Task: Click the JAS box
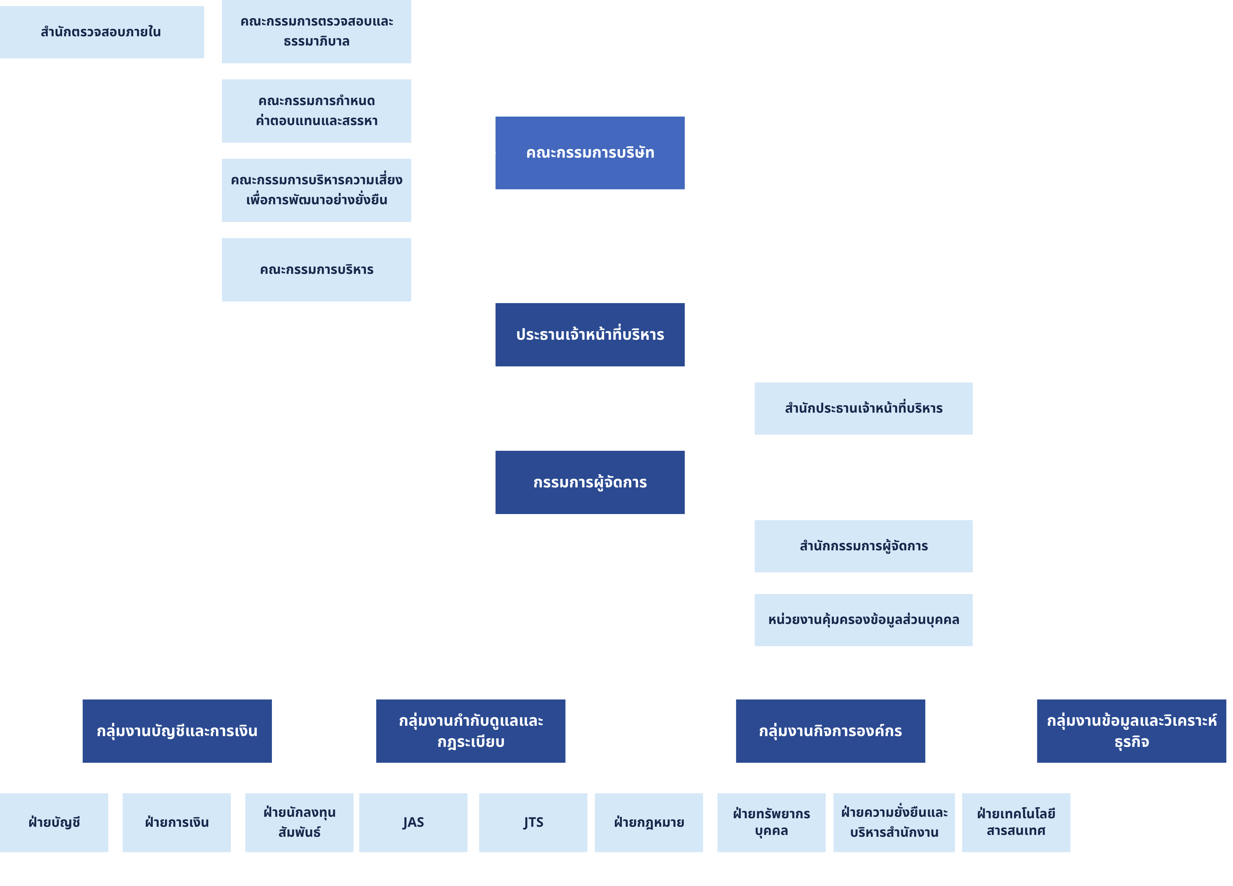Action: tap(413, 822)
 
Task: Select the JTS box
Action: tap(533, 822)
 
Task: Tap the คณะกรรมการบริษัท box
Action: tap(590, 153)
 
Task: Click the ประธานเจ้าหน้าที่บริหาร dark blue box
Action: tap(590, 335)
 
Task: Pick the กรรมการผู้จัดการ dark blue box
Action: tap(590, 483)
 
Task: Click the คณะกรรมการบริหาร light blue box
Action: tap(316, 270)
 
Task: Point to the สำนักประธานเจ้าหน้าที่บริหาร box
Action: tap(863, 409)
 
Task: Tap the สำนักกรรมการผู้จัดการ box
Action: tap(863, 546)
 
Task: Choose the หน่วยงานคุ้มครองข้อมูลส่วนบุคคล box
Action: tap(863, 620)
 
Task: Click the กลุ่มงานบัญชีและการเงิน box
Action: tap(177, 731)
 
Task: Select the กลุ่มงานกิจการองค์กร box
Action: tap(830, 731)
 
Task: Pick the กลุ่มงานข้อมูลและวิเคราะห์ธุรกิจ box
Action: tap(1131, 731)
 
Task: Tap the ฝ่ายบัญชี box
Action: tap(54, 822)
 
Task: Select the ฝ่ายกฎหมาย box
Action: tap(648, 822)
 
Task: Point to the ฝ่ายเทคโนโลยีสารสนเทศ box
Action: tap(1015, 822)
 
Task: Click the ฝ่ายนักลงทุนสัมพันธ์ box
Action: tap(299, 822)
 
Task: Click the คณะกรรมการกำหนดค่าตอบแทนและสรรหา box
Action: tap(316, 111)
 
